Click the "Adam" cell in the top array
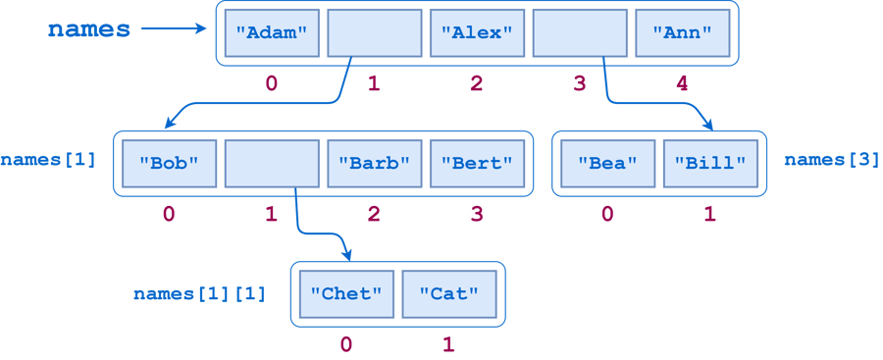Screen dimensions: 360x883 [271, 32]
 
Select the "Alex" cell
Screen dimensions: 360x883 [477, 32]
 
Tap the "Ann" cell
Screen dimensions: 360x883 [682, 32]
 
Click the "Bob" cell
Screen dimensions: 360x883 [169, 163]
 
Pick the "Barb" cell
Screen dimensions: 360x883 [374, 163]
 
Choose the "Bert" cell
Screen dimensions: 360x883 [477, 163]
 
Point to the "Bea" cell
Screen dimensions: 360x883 [607, 163]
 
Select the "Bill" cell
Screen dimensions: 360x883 [709, 163]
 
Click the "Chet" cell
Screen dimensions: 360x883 [345, 292]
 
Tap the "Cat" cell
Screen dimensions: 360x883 [448, 292]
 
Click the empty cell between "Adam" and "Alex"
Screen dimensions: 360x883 [374, 32]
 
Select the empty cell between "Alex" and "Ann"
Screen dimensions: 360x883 [579, 32]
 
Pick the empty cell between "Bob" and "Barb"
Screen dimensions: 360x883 [272, 163]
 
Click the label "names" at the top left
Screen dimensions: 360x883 [88, 28]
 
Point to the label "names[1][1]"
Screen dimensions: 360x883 [199, 293]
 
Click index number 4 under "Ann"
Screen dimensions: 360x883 [682, 83]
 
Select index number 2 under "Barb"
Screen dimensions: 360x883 [374, 214]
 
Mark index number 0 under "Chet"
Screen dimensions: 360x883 [345, 343]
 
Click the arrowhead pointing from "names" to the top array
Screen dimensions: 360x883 [204, 29]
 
